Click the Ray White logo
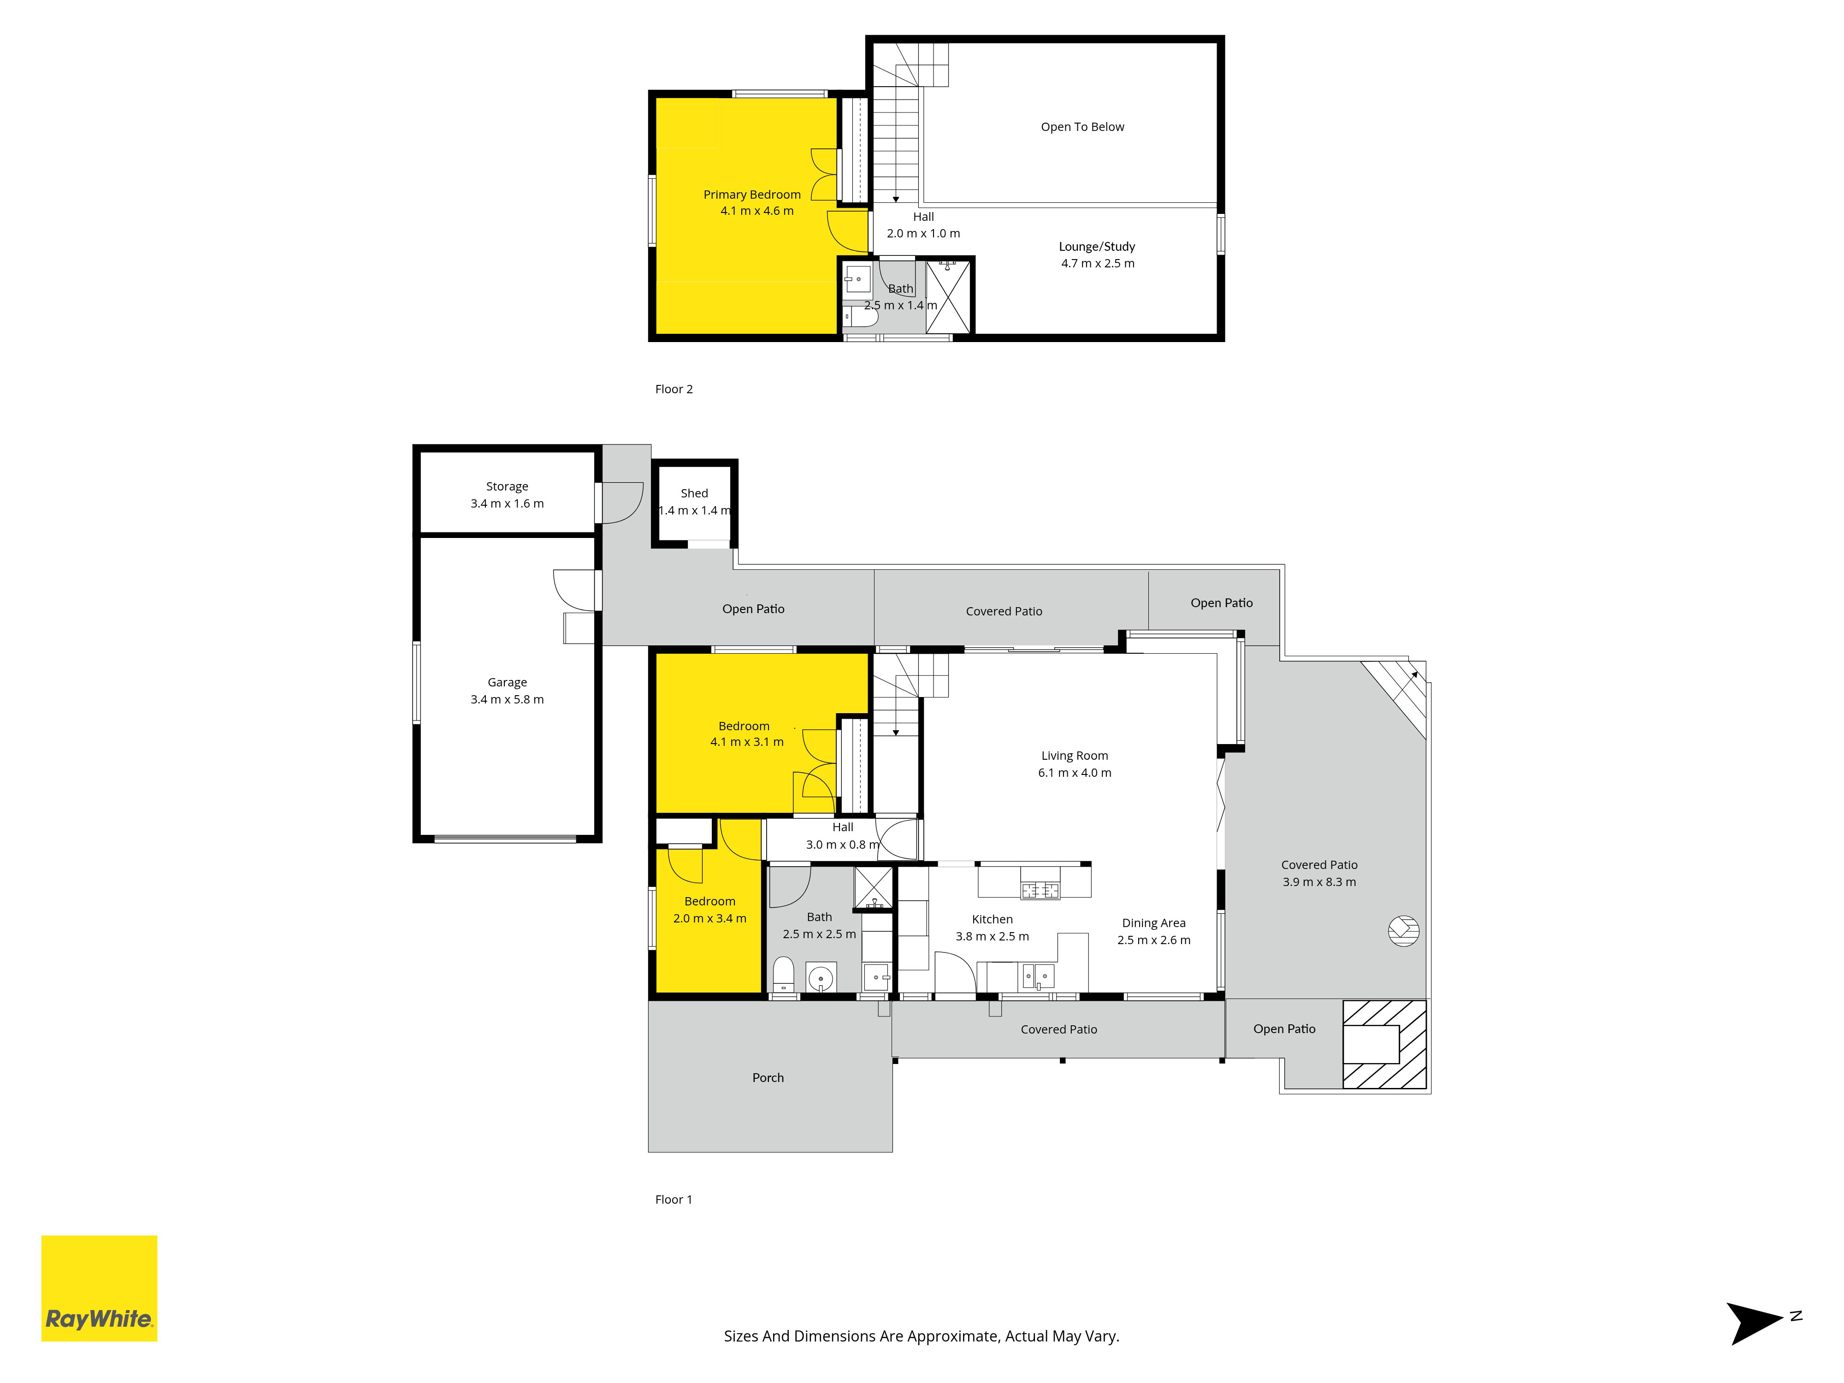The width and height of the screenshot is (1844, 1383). click(x=99, y=1288)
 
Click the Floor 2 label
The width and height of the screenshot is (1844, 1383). click(x=674, y=389)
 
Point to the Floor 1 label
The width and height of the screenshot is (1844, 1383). click(x=674, y=1200)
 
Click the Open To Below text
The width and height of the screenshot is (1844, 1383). click(x=1082, y=127)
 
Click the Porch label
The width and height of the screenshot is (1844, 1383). click(x=768, y=1078)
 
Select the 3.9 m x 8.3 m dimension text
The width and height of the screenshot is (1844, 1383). click(x=1319, y=882)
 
